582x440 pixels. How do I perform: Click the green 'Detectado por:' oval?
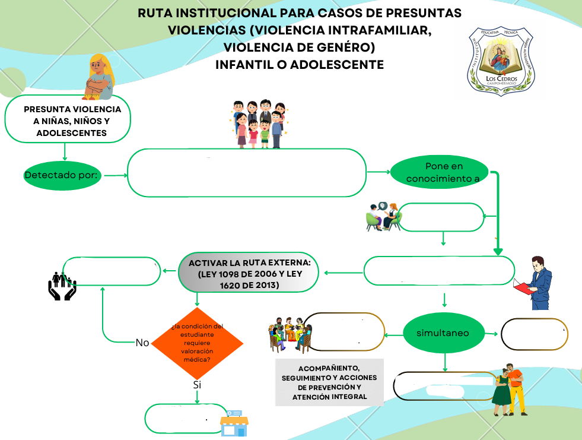point(62,175)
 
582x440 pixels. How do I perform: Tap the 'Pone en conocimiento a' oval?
point(440,172)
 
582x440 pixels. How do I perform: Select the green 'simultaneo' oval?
point(444,333)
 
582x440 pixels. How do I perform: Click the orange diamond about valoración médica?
point(197,343)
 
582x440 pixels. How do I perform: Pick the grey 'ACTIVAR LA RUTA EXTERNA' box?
point(249,273)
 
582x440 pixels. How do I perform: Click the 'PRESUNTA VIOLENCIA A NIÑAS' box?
point(68,119)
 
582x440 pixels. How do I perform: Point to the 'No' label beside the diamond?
point(142,343)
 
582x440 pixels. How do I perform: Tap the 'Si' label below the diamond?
point(197,385)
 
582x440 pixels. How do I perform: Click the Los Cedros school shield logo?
point(501,61)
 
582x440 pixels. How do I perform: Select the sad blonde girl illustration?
point(99,77)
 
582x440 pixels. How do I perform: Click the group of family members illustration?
point(259,124)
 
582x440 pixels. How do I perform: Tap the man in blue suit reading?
point(534,283)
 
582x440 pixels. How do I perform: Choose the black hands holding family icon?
point(62,286)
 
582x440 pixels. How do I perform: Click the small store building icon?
point(234,423)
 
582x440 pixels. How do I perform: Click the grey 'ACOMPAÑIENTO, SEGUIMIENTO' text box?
point(330,382)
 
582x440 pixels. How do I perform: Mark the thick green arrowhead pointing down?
point(498,252)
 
